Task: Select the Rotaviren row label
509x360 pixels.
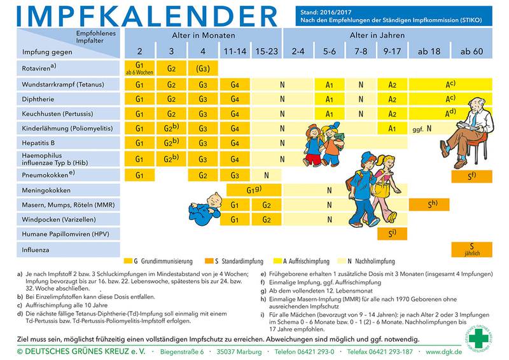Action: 38,67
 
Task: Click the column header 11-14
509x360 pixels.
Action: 234,51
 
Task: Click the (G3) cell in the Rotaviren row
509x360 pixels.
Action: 203,68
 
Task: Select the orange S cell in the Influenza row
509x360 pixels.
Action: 471,249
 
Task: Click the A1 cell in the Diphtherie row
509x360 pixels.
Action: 330,99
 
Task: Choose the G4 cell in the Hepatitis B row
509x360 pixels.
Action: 234,144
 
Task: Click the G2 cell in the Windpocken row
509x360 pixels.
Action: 266,220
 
